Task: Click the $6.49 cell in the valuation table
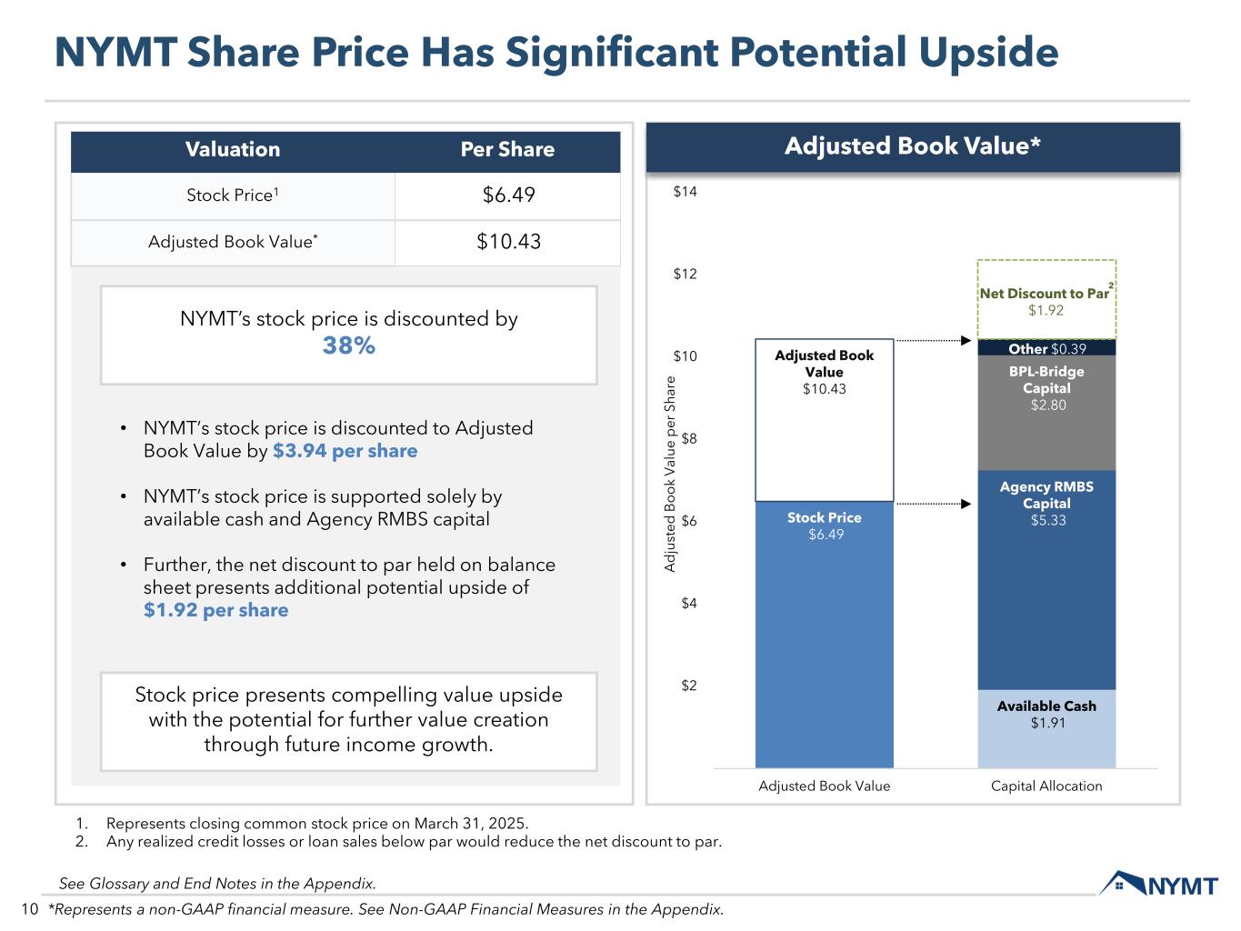click(508, 195)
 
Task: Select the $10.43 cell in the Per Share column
click(508, 242)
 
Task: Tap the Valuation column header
click(233, 150)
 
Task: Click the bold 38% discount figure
click(349, 346)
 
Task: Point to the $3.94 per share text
click(345, 451)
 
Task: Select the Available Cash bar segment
click(1046, 728)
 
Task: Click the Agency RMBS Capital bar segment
click(1046, 582)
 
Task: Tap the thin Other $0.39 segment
click(1046, 348)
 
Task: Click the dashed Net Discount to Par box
click(1046, 300)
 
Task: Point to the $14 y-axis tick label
click(686, 192)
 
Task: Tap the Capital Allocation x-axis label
click(1046, 786)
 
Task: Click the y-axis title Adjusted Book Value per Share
click(670, 474)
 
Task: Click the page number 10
click(29, 909)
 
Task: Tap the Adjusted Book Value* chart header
click(912, 147)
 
